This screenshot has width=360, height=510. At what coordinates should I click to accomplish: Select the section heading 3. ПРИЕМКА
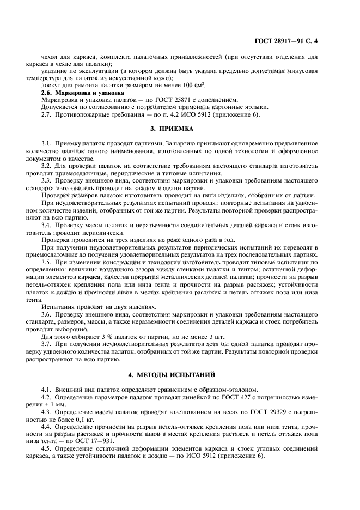click(180, 130)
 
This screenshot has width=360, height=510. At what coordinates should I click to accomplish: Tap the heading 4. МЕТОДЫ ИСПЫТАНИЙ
click(180, 375)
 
